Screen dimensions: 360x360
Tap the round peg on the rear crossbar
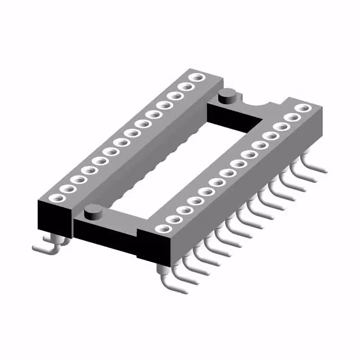[x=228, y=96]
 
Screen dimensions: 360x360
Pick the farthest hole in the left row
[x=196, y=78]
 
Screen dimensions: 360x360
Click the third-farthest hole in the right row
[x=281, y=127]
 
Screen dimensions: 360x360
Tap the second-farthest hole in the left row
[x=186, y=87]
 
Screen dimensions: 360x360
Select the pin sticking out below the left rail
[x=45, y=247]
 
